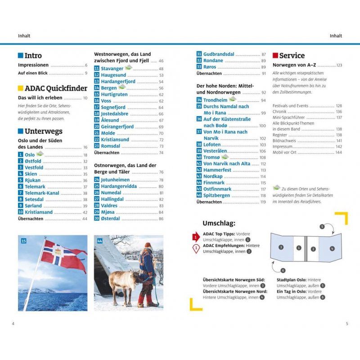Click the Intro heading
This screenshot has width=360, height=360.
(x=33, y=56)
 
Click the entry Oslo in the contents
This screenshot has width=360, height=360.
(x=29, y=155)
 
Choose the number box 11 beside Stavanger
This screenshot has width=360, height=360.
(x=97, y=68)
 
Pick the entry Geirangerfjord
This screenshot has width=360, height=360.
(x=117, y=127)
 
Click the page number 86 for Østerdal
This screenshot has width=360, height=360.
(x=161, y=218)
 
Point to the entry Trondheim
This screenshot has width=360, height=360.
(x=215, y=100)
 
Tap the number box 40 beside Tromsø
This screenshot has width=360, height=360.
(x=199, y=157)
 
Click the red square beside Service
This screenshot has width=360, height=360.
(x=275, y=56)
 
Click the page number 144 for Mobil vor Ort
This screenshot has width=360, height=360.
(x=338, y=153)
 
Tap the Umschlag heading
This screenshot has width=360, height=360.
(x=219, y=223)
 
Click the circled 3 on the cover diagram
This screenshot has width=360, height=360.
(x=281, y=247)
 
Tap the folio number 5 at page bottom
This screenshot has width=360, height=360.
(x=346, y=323)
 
